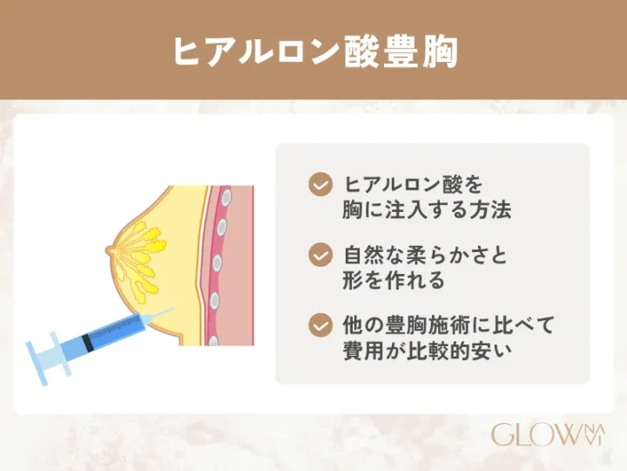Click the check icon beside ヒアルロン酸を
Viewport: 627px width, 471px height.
pyautogui.click(x=320, y=185)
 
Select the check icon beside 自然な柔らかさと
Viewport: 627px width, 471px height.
pyautogui.click(x=320, y=255)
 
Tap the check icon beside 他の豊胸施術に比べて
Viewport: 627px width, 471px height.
pyautogui.click(x=320, y=324)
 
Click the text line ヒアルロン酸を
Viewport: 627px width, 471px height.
pyautogui.click(x=414, y=185)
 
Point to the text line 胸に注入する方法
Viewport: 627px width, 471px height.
pyautogui.click(x=428, y=210)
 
